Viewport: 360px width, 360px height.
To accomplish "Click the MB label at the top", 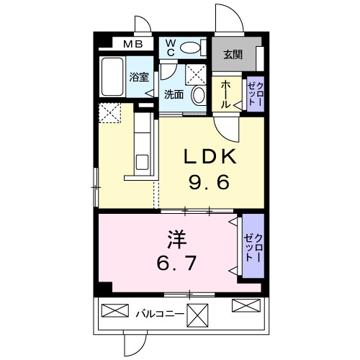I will pyautogui.click(x=132, y=45).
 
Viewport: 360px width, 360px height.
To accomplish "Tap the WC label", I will pyautogui.click(x=171, y=48).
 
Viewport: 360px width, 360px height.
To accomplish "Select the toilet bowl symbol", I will pyautogui.click(x=190, y=48).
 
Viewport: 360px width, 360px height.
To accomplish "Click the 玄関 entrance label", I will pyautogui.click(x=233, y=53).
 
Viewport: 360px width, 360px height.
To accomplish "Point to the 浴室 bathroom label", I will pyautogui.click(x=140, y=76).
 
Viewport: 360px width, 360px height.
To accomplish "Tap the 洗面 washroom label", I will pyautogui.click(x=173, y=94).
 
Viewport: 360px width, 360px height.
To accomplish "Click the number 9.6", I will pyautogui.click(x=208, y=183).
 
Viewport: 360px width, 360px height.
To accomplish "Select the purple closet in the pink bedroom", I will pyautogui.click(x=252, y=247).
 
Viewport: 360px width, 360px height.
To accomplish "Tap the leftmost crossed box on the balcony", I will pyautogui.click(x=114, y=312).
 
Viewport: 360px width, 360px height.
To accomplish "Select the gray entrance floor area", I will pyautogui.click(x=232, y=52).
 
